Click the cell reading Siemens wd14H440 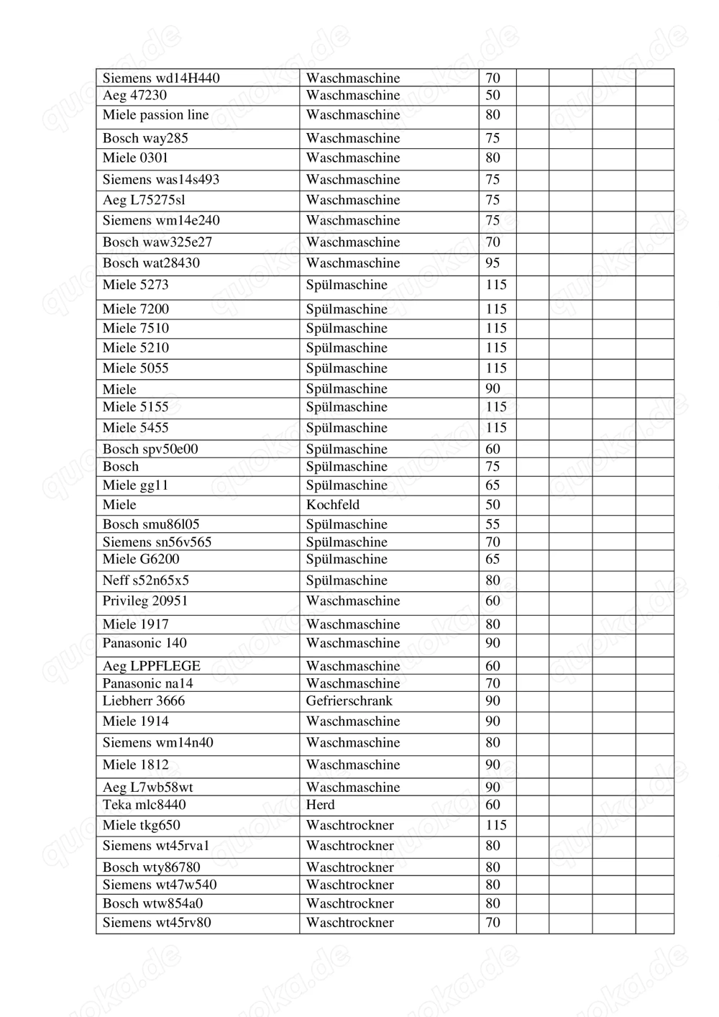tap(161, 78)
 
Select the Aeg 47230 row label tap(134, 95)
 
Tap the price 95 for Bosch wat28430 tap(493, 263)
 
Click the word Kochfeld tap(332, 504)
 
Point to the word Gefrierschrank tap(349, 701)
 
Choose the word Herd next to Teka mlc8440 tap(320, 805)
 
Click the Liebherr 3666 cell tap(143, 701)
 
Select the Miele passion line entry tap(155, 114)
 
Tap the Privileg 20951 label tap(145, 601)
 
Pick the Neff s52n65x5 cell tap(145, 580)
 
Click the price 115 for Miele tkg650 tap(496, 825)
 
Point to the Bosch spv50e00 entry tap(150, 449)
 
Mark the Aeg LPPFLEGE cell tap(151, 666)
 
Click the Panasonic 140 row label tap(144, 643)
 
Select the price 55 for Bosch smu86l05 tap(493, 524)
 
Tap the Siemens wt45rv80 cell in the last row tap(157, 922)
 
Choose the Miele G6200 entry tap(141, 559)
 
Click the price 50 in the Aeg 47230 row tap(493, 95)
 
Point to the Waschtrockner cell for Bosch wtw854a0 tap(349, 903)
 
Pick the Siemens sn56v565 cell tap(157, 542)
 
